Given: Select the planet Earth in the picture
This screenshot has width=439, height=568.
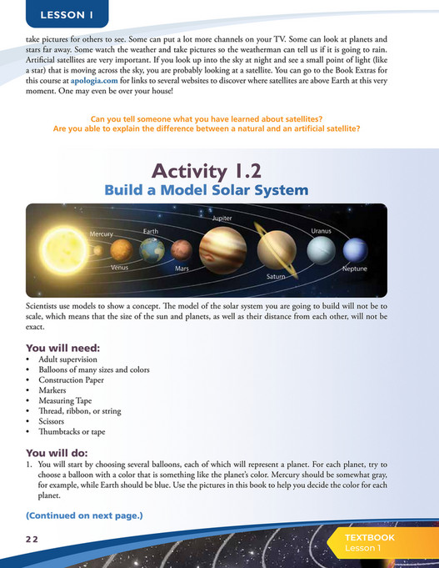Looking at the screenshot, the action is [x=152, y=249].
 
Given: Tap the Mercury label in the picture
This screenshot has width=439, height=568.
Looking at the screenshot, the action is [x=102, y=234].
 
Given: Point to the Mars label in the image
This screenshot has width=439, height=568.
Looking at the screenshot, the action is [x=182, y=269].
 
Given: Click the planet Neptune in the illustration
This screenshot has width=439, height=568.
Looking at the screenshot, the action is [x=356, y=249].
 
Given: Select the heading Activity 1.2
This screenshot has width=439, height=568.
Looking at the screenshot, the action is [x=207, y=171].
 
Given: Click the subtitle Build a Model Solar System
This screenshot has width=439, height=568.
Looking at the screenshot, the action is [x=207, y=190].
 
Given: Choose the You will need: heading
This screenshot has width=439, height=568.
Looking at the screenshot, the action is [x=62, y=347].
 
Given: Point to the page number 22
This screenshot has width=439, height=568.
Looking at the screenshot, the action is [x=32, y=540].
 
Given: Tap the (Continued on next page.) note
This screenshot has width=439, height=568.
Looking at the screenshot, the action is [x=84, y=515].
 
